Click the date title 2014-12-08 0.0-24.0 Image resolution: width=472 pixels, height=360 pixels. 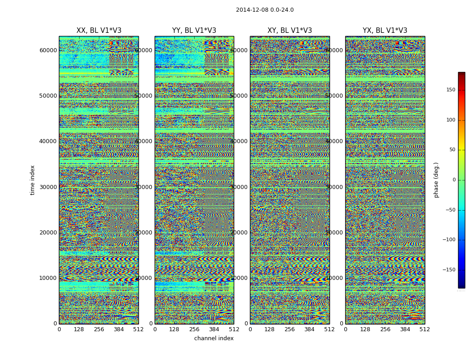click(x=264, y=10)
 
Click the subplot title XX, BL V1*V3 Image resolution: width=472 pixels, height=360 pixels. click(x=99, y=31)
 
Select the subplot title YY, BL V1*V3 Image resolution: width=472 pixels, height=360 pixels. click(x=194, y=31)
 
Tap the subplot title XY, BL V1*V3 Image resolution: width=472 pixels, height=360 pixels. click(x=289, y=31)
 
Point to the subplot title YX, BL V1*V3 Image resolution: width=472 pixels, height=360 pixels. click(x=385, y=31)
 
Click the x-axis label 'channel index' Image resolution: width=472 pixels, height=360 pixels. click(x=214, y=338)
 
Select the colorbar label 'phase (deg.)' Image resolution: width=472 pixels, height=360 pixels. click(x=436, y=180)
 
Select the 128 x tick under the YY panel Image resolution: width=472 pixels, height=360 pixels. click(x=174, y=329)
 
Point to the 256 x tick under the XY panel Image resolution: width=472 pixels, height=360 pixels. click(x=289, y=329)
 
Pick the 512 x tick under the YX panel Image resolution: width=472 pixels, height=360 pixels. click(x=425, y=329)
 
